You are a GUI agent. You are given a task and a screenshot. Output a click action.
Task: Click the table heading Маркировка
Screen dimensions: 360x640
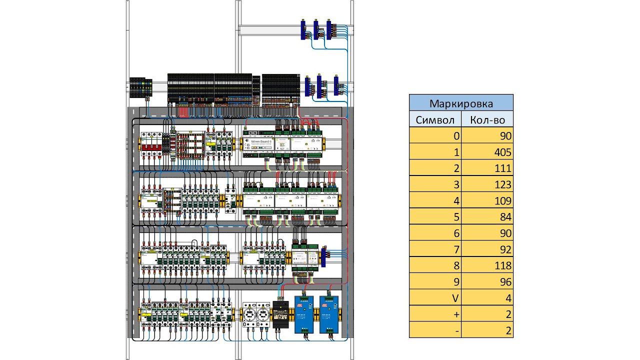coord(461,103)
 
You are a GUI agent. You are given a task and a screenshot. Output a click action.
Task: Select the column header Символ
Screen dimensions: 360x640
coord(435,120)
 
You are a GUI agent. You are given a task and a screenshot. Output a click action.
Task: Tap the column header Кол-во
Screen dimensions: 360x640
coord(487,120)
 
